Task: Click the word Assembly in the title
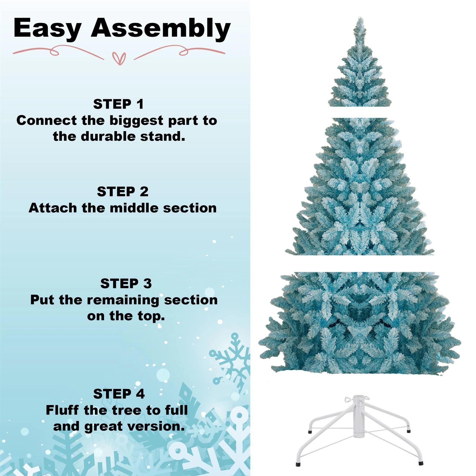161,28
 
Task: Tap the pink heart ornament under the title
119,58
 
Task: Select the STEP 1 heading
118,104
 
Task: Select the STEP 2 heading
122,192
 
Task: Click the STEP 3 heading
126,284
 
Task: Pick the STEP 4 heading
119,394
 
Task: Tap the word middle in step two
134,208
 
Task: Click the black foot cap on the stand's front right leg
420,463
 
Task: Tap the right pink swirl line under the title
180,51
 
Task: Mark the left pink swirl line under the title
58,51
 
